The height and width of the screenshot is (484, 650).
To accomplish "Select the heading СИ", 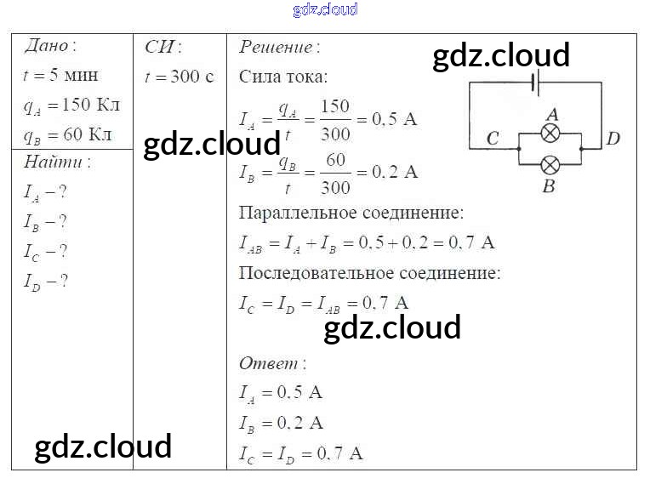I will [x=161, y=46].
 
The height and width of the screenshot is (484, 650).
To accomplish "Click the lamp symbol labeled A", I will [x=551, y=133].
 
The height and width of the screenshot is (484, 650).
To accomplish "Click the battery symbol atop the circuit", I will [x=535, y=83].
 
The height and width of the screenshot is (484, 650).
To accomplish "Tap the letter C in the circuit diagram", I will [x=493, y=139].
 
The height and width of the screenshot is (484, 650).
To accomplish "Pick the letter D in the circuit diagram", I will [x=613, y=139].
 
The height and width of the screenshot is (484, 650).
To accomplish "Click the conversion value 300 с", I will [x=191, y=77].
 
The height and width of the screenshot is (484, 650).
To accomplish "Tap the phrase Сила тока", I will [x=282, y=77].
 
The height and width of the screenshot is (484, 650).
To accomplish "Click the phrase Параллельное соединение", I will [x=351, y=212].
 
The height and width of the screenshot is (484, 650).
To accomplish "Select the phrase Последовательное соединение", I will [x=369, y=273].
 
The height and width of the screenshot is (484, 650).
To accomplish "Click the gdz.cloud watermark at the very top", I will [x=325, y=10].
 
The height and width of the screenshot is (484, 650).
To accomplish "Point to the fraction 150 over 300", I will [x=335, y=119].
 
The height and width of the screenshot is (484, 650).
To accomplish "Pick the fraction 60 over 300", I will [x=335, y=172].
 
